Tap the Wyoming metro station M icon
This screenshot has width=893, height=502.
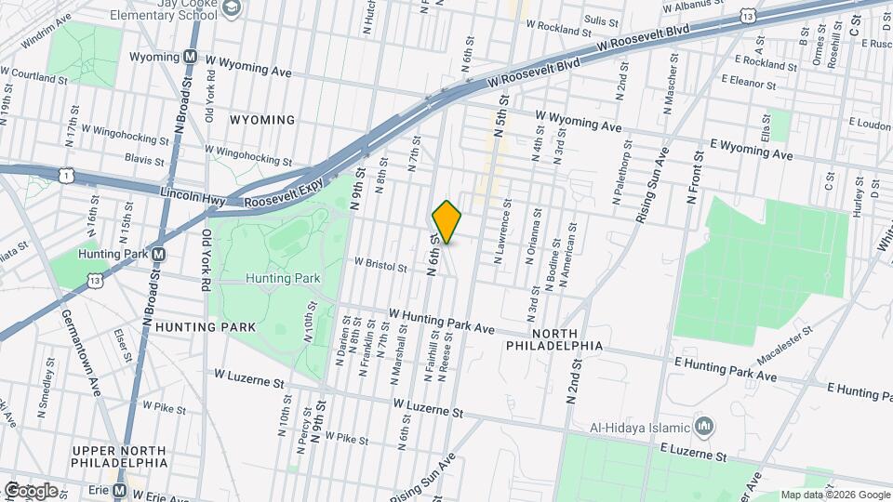pyautogui.click(x=190, y=57)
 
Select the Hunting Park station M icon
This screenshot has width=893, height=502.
pyautogui.click(x=159, y=254)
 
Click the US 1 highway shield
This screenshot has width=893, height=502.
pyautogui.click(x=64, y=175)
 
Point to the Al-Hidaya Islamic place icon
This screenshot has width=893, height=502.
pyautogui.click(x=704, y=428)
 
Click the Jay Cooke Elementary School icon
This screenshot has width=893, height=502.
pyautogui.click(x=232, y=8)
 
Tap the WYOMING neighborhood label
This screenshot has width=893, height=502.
pyautogui.click(x=263, y=120)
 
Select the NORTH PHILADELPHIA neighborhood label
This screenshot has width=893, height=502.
pyautogui.click(x=554, y=339)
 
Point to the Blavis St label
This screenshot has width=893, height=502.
pyautogui.click(x=143, y=159)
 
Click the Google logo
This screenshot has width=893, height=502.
pyautogui.click(x=30, y=490)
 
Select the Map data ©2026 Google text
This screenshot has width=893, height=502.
pyautogui.click(x=834, y=495)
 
